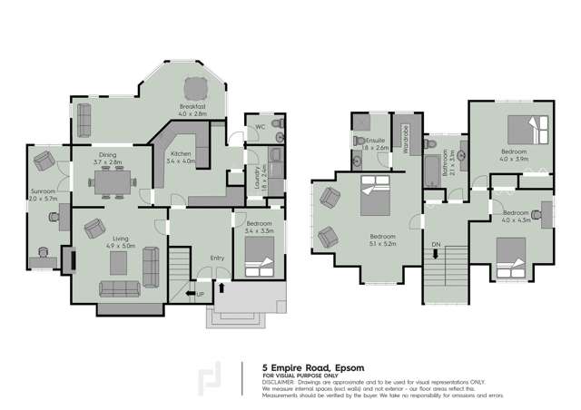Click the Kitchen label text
coord(181,155)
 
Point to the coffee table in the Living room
coord(118,262)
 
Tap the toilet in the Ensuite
coord(369,142)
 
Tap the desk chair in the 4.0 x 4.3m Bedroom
coord(537,214)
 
